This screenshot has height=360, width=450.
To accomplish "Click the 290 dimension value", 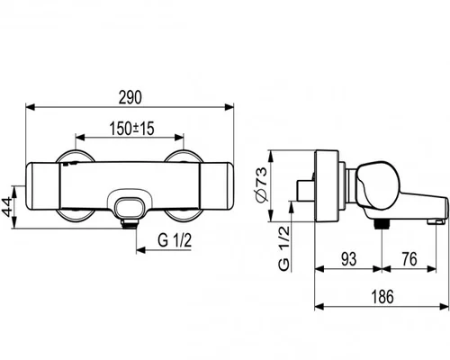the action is (x=130, y=97).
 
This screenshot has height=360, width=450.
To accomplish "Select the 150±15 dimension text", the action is (x=131, y=129).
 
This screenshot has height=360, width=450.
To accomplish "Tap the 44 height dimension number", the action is (x=8, y=207).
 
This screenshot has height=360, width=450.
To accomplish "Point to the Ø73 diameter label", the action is (x=260, y=184).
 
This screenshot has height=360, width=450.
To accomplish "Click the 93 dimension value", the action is (x=349, y=259).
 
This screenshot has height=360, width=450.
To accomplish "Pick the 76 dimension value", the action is (x=409, y=259).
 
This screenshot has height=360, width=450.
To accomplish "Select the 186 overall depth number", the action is (x=382, y=296).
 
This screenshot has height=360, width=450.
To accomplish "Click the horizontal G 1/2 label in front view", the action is (x=175, y=240).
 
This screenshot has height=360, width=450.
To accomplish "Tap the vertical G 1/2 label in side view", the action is (x=284, y=248).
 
